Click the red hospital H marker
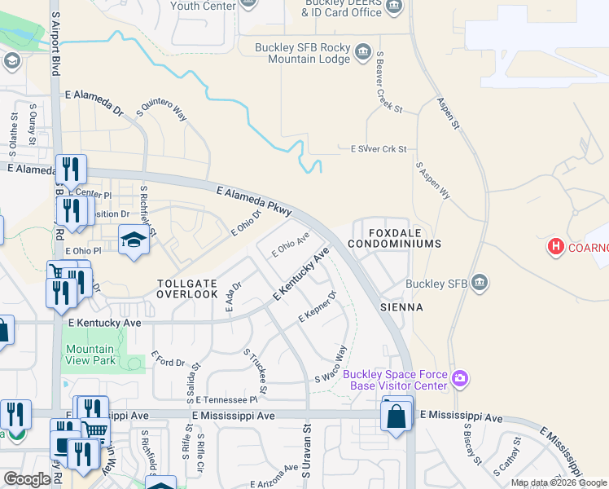point(556,245)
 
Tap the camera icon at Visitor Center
point(460,377)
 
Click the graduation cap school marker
point(134,240)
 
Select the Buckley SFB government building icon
point(480,283)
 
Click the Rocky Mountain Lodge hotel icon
point(362,55)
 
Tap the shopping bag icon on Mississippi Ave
point(397,416)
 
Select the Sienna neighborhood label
point(401,307)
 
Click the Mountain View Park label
point(90,355)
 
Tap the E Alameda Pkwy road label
point(254,200)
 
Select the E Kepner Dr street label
point(318,305)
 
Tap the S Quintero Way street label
point(162,109)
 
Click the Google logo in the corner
point(27,479)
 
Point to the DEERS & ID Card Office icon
point(394,7)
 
